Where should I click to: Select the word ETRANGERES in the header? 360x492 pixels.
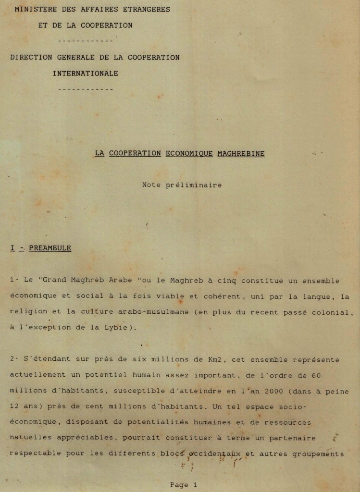click(147, 9)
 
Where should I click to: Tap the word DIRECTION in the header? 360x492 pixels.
click(31, 57)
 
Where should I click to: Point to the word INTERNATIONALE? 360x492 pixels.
click(85, 74)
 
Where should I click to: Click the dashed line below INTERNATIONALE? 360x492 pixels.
click(85, 89)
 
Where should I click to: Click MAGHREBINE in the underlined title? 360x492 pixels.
click(241, 153)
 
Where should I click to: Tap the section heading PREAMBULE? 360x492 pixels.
click(50, 248)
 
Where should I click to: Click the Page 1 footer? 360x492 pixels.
click(184, 485)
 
